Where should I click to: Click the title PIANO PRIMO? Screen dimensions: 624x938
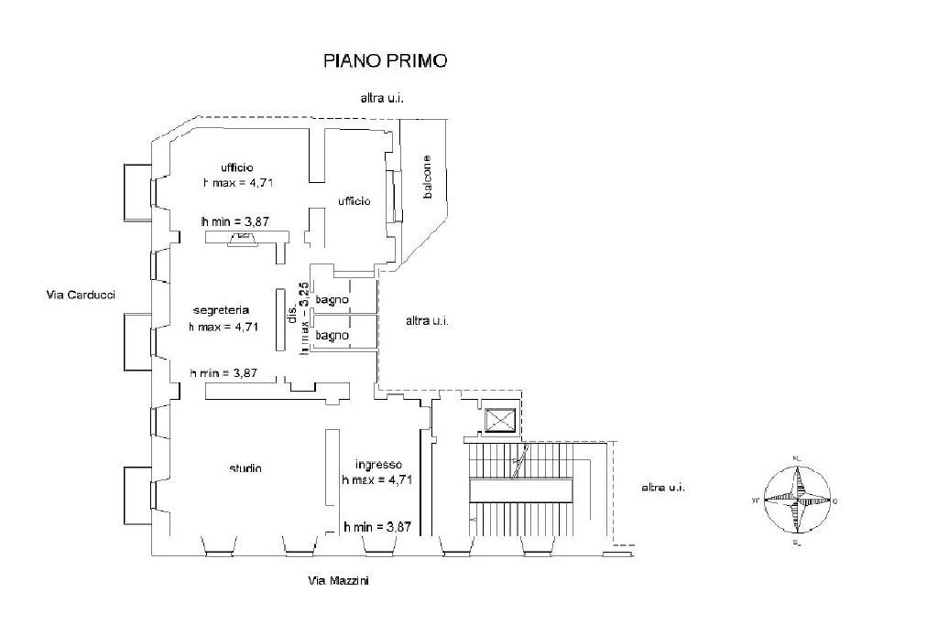[385, 61]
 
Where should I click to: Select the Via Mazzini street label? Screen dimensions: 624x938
[339, 581]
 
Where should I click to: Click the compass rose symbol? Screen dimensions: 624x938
[794, 500]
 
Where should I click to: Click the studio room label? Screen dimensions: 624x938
[245, 468]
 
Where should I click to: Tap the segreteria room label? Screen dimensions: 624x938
[216, 310]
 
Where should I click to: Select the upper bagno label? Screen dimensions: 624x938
[332, 299]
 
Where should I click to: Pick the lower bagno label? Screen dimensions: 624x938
[332, 336]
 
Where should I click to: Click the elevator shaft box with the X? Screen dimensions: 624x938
[501, 421]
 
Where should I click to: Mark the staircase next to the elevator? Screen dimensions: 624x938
[522, 490]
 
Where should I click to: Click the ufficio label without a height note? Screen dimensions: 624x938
[353, 200]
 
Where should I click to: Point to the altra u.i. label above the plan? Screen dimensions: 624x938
[382, 98]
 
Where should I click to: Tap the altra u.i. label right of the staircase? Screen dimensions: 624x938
[663, 487]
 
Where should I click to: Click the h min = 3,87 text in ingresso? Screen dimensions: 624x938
[376, 527]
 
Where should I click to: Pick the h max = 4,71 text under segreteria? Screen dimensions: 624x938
[224, 326]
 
